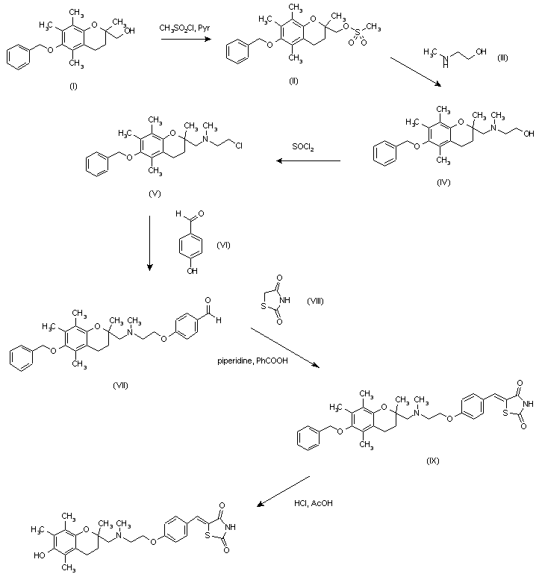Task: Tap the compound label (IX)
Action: [433, 460]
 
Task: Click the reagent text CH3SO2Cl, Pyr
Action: [186, 28]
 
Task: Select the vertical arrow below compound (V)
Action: [150, 243]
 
